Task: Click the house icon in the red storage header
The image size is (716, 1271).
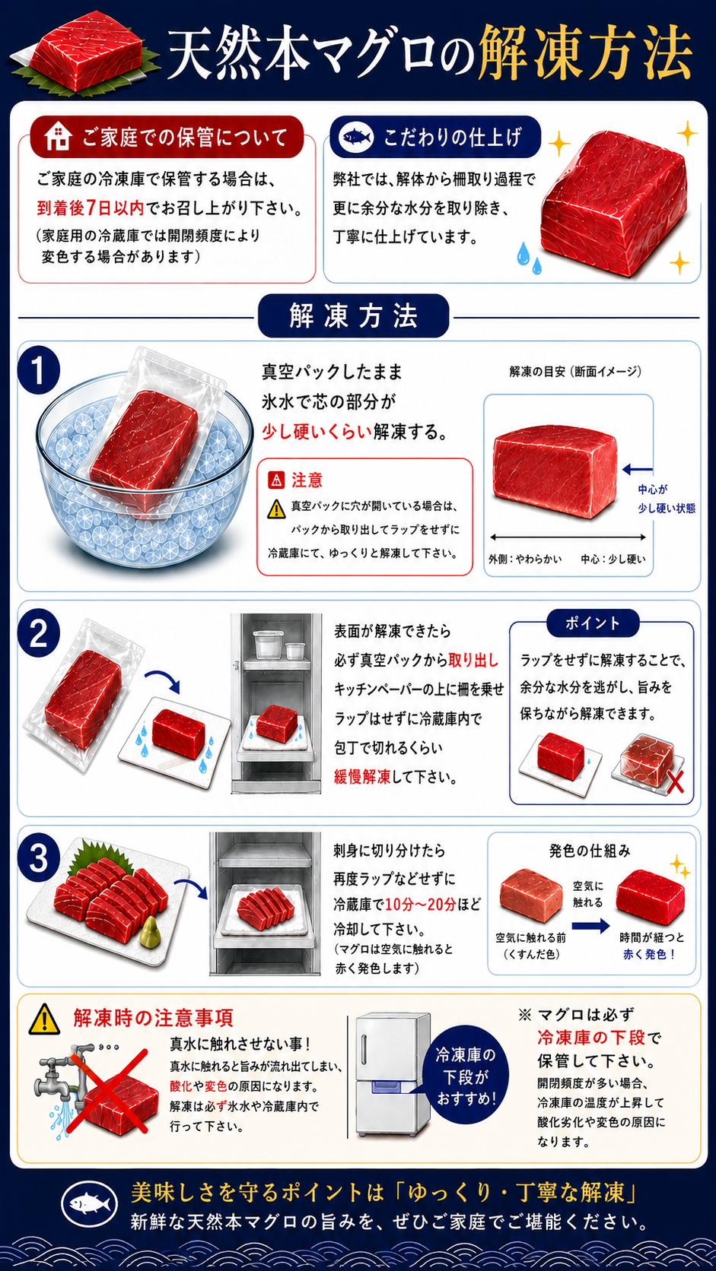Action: (58, 137)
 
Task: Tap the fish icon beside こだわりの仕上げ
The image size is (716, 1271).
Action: (355, 138)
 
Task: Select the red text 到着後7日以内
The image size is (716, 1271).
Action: (91, 208)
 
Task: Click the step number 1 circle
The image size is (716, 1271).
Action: (39, 372)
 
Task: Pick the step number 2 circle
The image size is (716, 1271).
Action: (39, 633)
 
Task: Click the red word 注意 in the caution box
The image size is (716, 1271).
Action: (307, 480)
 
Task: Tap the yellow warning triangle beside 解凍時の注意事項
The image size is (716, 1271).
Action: (44, 1019)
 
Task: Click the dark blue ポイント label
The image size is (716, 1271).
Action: (592, 623)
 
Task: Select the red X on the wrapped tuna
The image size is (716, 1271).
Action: (675, 782)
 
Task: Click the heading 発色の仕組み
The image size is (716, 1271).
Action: (590, 851)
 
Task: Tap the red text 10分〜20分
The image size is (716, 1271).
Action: (421, 905)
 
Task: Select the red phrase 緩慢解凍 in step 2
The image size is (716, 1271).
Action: (362, 777)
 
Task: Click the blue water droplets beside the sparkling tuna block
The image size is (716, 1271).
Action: (529, 258)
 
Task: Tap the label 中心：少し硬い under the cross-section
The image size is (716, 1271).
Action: (613, 559)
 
